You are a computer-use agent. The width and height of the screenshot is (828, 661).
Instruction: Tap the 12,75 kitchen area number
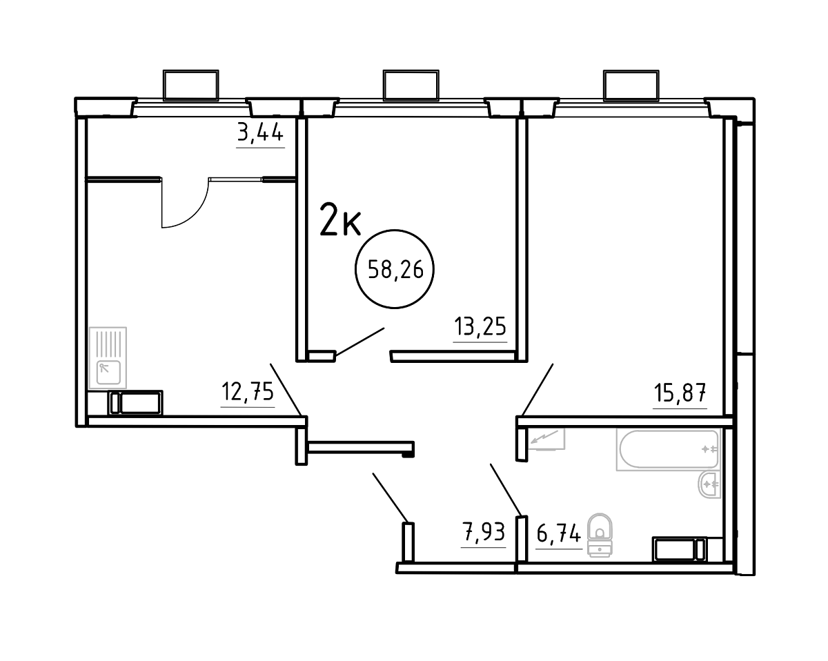[x=248, y=392]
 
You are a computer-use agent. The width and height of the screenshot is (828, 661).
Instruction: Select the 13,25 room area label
[x=480, y=326]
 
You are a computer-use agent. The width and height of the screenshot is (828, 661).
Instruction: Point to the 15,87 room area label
[x=680, y=393]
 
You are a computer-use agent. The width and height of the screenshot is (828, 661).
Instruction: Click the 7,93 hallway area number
[x=483, y=533]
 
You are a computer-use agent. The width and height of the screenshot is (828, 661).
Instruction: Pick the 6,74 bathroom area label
[x=558, y=534]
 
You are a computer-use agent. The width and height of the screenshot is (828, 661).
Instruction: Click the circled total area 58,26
[x=395, y=269]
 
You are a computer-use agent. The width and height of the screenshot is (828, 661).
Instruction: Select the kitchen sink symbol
[x=108, y=358]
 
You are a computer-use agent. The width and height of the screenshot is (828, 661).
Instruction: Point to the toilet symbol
[x=600, y=535]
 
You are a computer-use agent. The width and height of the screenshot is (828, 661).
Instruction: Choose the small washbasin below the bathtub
[x=709, y=484]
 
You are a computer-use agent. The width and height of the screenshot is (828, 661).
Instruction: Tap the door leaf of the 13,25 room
[x=359, y=342]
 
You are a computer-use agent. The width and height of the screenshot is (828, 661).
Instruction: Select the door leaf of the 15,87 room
[x=537, y=389]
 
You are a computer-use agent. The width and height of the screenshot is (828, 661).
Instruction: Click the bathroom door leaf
[x=506, y=490]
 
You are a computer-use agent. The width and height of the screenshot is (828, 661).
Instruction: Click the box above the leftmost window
[x=191, y=85]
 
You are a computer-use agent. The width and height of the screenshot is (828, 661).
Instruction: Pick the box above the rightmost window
[x=631, y=86]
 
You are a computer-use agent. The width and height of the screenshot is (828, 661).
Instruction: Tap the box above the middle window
[x=411, y=85]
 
